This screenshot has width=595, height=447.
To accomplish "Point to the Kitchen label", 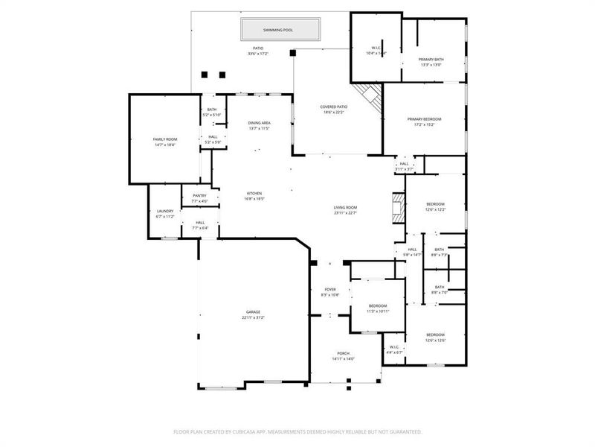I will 254,196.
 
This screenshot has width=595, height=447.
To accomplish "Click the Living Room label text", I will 346,210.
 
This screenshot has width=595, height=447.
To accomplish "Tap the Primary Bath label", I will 431,62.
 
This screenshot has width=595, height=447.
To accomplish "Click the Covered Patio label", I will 334,110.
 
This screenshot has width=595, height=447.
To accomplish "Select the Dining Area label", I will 259,125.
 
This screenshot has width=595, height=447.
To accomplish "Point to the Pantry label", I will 199,198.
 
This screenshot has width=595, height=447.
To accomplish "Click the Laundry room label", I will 165,214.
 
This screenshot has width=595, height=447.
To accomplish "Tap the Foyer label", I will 330,291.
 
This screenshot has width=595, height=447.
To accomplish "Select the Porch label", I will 343,355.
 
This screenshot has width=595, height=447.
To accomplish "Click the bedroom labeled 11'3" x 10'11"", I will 378,308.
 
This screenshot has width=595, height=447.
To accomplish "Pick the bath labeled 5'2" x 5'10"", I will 212,112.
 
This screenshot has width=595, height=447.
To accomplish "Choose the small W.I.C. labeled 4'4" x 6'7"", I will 394,349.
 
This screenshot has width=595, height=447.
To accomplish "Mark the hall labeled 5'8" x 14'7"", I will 412,252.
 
